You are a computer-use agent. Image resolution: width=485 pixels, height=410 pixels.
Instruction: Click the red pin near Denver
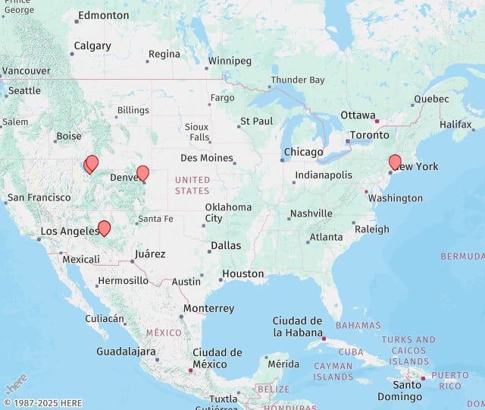coord(142,172)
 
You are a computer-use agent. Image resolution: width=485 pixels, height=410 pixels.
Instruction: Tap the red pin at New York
coord(395,161)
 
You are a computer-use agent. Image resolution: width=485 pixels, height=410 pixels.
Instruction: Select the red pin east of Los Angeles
coord(105,228)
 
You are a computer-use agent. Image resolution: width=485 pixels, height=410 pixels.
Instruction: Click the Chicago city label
coord(303,153)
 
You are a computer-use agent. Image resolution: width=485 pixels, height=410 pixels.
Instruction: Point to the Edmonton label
coord(103,15)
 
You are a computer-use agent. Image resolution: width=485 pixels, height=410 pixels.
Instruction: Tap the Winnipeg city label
coord(229,61)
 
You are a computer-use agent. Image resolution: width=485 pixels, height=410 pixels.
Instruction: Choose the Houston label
coord(243,273)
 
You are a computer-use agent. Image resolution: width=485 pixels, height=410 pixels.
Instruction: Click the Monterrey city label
coord(208,308)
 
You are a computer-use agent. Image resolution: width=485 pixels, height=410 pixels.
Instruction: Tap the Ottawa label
coord(358,115)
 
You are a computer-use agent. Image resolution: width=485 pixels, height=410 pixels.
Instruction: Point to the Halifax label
coord(455,124)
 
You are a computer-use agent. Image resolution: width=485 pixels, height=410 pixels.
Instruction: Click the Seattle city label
coord(24,90)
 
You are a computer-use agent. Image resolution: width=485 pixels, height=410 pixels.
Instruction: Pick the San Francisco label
coord(39,197)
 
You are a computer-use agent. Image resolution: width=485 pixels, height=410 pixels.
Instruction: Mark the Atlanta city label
coord(326,237)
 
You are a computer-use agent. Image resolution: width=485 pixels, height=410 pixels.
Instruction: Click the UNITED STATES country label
coord(192,185)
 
